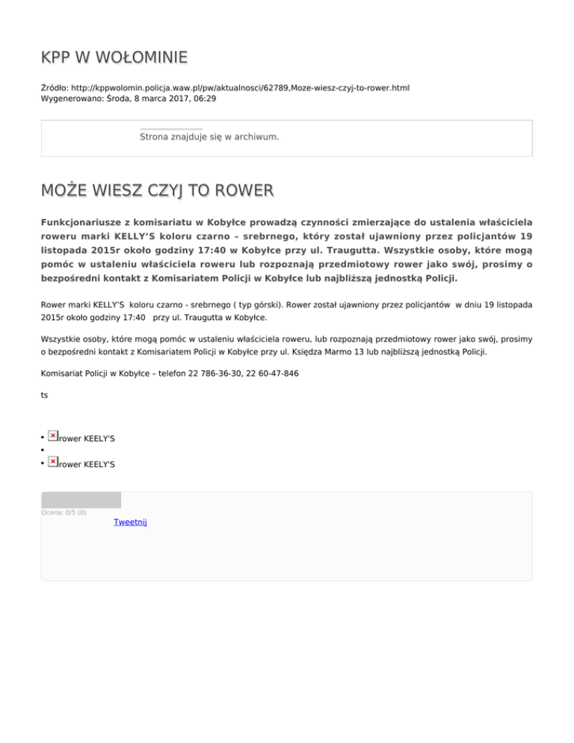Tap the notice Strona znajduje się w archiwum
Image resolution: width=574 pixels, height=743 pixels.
209,137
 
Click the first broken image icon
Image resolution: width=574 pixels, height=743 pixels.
52,435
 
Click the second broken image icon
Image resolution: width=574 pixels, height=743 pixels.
52,463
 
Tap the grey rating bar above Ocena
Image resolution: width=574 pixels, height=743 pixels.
81,499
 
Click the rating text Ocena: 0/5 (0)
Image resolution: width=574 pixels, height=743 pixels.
64,512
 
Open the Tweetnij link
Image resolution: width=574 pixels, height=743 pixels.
130,522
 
